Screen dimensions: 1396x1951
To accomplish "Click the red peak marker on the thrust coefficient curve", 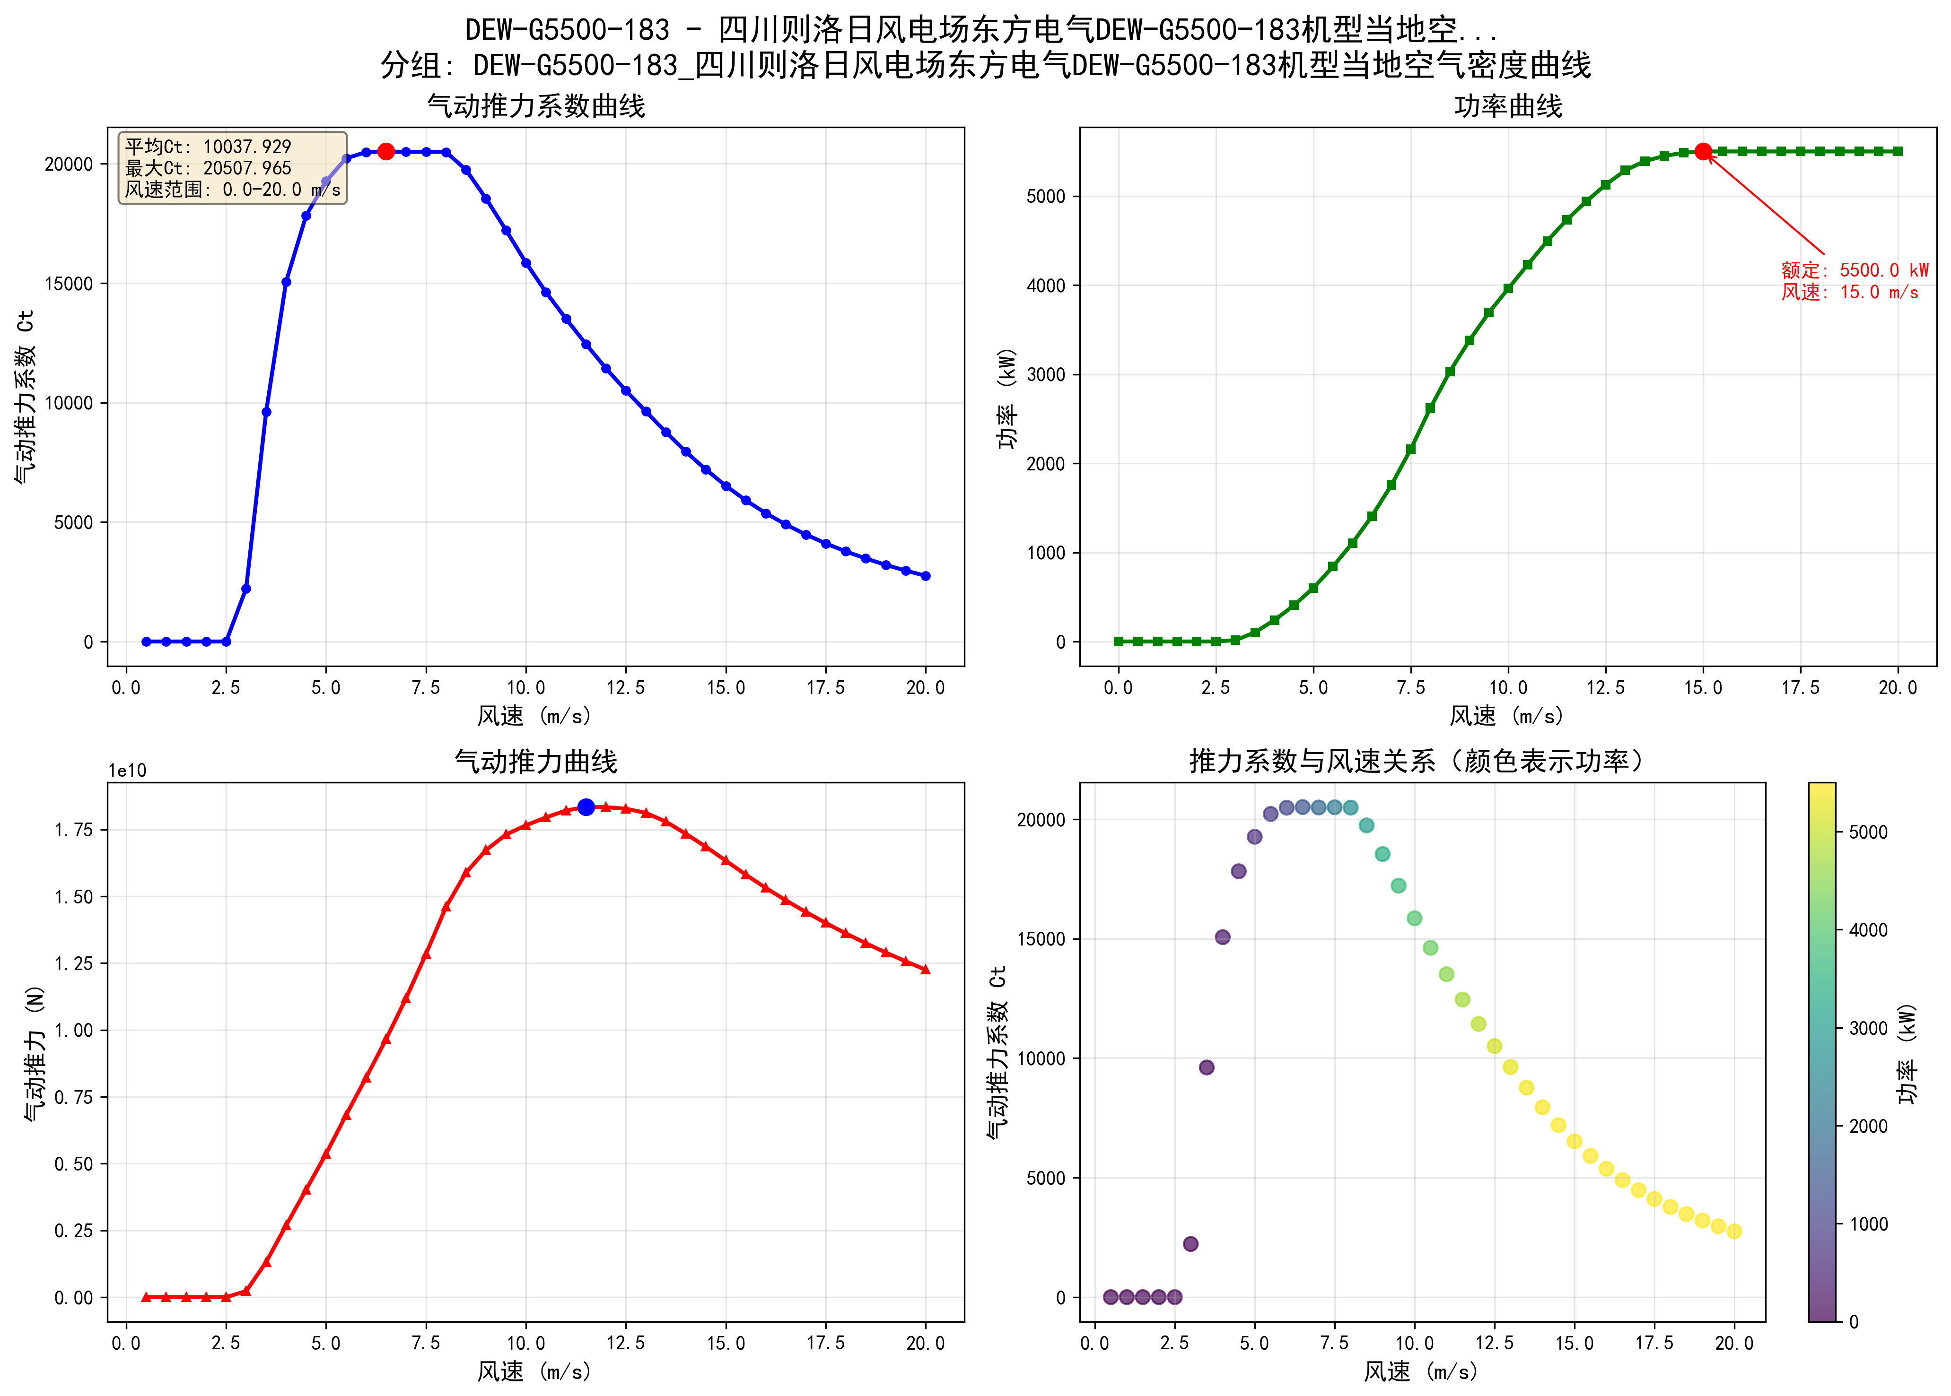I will click(386, 151).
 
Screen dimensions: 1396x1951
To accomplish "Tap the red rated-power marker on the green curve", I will click(1703, 151).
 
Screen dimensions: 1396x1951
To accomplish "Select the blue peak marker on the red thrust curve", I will click(586, 806).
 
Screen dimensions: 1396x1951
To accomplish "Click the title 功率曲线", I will click(1507, 106).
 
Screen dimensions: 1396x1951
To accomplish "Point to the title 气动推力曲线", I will click(536, 762).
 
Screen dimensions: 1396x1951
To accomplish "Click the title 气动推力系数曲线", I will click(536, 106).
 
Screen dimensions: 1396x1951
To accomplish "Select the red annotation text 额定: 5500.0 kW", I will click(1854, 270).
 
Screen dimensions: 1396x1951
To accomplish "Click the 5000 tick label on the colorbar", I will click(1868, 832).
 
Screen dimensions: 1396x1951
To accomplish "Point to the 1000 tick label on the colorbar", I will click(1868, 1224).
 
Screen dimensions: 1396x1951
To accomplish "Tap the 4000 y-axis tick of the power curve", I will click(1046, 286).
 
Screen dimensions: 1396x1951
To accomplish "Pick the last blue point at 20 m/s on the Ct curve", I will click(925, 576).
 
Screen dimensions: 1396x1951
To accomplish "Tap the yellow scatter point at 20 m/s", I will click(1733, 1231).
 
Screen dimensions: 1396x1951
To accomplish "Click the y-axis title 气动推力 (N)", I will click(35, 1052).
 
